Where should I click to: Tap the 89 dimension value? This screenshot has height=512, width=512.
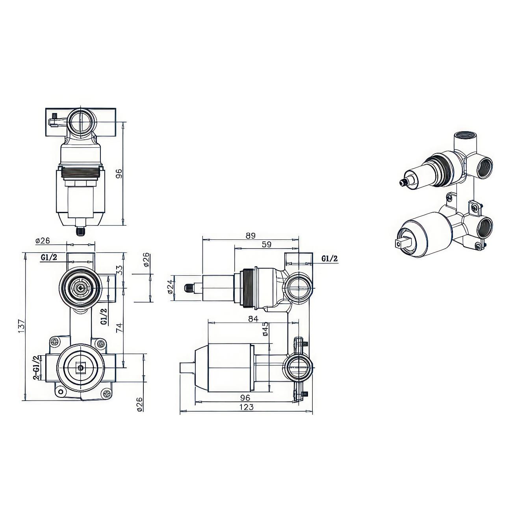(250, 236)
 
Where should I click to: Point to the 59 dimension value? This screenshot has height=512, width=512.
(267, 244)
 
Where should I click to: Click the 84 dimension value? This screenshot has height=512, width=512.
(253, 319)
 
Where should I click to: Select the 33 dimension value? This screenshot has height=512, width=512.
(120, 270)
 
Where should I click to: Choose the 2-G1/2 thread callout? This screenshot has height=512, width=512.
(37, 368)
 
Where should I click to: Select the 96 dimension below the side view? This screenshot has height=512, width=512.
(245, 404)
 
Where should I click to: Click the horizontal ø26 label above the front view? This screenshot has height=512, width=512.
(43, 241)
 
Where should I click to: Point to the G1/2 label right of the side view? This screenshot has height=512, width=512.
(330, 258)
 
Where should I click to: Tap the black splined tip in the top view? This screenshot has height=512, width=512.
(80, 232)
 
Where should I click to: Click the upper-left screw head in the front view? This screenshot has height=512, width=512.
(55, 342)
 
